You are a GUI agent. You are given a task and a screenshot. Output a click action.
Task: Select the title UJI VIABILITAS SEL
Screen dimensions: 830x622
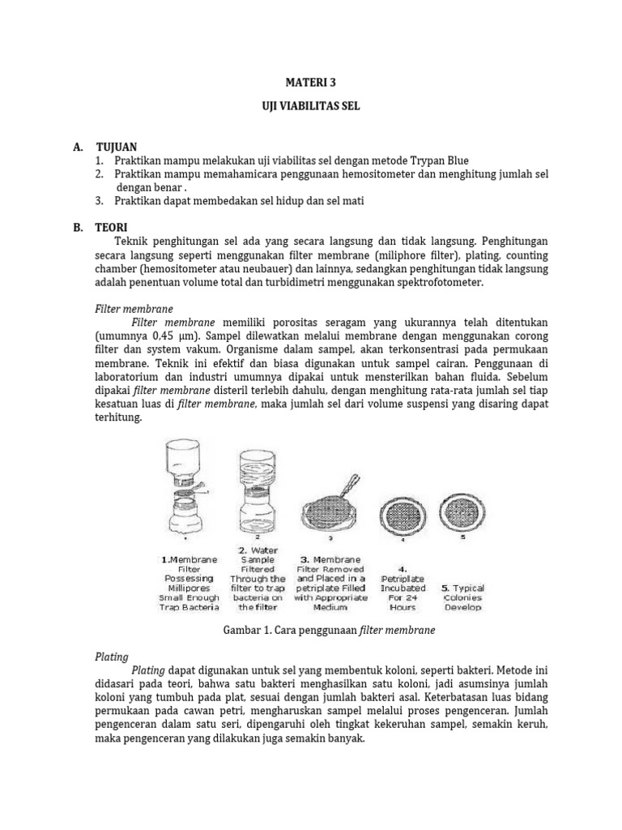coord(311,107)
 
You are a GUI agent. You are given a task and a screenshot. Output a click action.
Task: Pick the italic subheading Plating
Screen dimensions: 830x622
coord(112,657)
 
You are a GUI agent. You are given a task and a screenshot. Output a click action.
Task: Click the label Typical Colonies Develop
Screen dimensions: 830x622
coord(462,597)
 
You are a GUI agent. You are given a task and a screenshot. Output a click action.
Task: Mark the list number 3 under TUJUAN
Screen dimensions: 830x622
coord(99,201)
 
